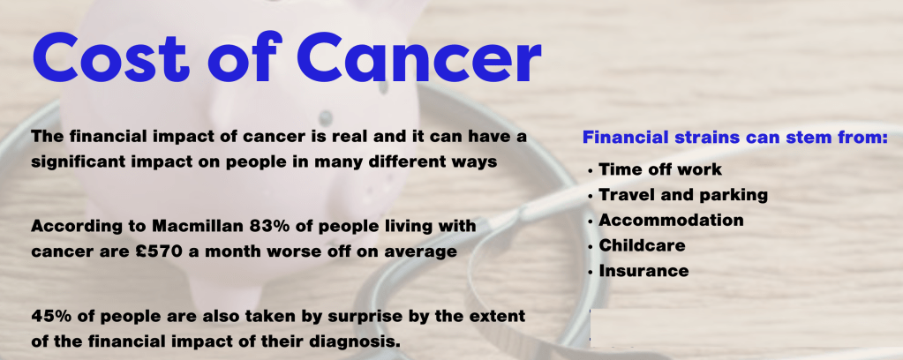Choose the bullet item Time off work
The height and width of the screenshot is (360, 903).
[660, 169]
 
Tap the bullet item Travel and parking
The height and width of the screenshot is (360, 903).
[683, 195]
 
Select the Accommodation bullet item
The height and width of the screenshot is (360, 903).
[671, 220]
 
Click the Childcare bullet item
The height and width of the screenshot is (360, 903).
[642, 245]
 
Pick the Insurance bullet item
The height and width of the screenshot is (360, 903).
[643, 271]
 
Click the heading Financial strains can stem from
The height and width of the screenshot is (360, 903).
[734, 138]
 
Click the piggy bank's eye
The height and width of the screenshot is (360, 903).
[326, 118]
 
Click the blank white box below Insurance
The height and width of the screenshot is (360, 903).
[747, 328]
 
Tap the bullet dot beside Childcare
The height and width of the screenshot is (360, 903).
[591, 247]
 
